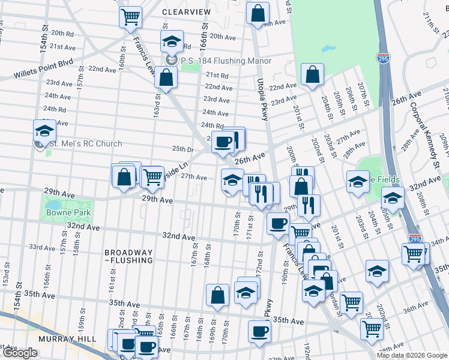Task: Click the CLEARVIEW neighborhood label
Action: click(187, 11)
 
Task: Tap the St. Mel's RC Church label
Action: click(85, 144)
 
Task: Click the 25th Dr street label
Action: click(182, 149)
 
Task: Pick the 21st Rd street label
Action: click(217, 76)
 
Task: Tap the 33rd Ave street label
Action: click(42, 247)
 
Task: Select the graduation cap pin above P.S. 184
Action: click(172, 42)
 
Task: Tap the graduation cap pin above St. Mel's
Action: click(44, 130)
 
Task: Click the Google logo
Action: click(20, 353)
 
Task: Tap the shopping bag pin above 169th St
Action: click(217, 294)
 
